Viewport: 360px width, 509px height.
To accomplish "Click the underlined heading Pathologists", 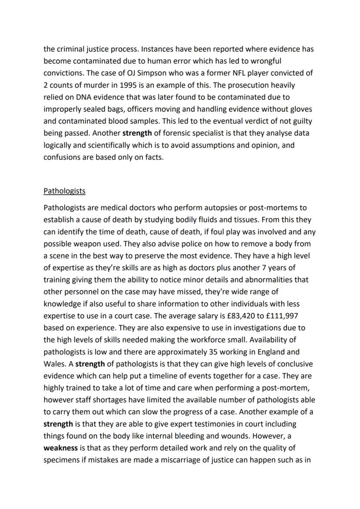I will click(64, 191).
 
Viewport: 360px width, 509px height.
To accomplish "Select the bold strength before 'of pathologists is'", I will click(90, 364).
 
